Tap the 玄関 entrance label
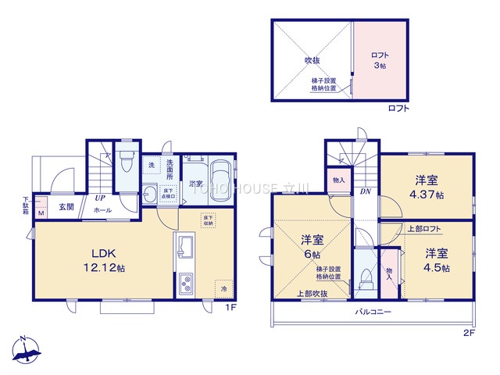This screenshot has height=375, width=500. coord(66,207)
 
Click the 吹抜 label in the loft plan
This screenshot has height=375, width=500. coord(312,59)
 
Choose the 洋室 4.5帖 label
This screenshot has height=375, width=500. coord(437,260)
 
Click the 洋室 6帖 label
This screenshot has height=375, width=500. coord(312,248)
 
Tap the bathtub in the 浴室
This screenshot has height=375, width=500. coord(220,177)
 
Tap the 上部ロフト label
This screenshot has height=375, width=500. coord(423,229)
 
